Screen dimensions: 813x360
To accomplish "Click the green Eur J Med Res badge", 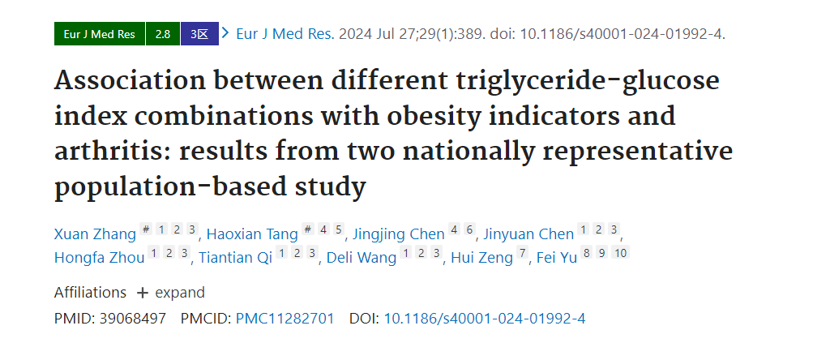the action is click(100, 34).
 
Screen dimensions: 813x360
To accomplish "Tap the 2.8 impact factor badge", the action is click(163, 34).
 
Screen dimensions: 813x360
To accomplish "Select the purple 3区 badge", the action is click(199, 34).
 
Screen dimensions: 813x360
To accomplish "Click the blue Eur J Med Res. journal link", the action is click(285, 34).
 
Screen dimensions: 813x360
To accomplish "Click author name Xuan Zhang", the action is click(95, 234).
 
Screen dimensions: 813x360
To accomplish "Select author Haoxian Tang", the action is click(252, 234).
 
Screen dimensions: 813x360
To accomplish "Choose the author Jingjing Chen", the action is click(398, 234).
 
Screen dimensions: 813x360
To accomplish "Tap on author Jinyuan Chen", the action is click(528, 234).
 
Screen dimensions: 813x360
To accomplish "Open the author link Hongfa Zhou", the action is click(100, 257).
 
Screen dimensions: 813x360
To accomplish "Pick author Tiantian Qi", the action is click(235, 257).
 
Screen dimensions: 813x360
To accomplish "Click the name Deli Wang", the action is click(362, 257).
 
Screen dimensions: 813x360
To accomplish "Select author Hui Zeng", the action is click(481, 257).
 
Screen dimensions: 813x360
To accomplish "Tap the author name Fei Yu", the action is click(556, 257).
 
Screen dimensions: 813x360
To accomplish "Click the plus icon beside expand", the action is click(142, 293).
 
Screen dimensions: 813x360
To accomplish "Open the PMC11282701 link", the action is click(285, 319).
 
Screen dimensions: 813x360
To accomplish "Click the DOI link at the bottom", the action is click(484, 319).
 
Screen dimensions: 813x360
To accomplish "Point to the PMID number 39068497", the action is click(133, 319).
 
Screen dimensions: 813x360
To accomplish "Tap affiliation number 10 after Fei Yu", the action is click(621, 253).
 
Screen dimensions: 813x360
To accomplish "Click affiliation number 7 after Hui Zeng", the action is click(522, 253).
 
